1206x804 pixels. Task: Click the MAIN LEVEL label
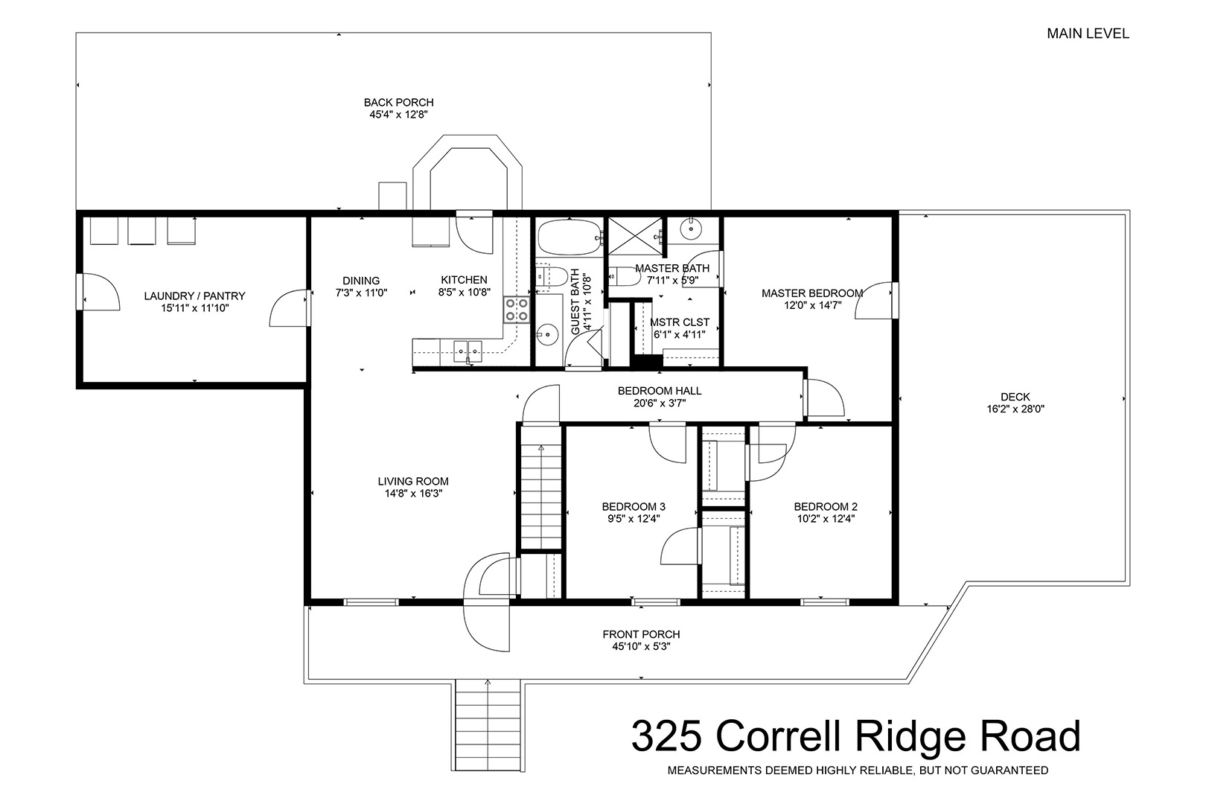pos(1088,33)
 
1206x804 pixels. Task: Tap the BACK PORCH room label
pos(398,102)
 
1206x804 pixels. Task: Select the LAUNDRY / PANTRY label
pos(194,296)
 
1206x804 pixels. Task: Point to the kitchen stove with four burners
pos(517,309)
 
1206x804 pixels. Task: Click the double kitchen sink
pos(468,351)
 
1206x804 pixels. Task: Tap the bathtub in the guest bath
pos(569,237)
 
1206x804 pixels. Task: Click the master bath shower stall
pos(635,235)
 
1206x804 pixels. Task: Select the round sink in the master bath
pos(691,229)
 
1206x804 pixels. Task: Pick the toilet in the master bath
pos(624,276)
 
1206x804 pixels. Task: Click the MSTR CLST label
pos(680,322)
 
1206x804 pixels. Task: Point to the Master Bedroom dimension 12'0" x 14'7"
pos(812,305)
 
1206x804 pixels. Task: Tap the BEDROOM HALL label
pos(660,390)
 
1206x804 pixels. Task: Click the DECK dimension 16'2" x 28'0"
pos(1015,409)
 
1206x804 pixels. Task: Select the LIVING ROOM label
pos(413,481)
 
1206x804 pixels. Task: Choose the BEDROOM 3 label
pos(634,506)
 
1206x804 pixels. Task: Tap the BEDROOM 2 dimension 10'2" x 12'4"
pos(826,519)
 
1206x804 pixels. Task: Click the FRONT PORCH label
pos(641,634)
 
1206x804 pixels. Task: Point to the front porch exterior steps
pos(488,725)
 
